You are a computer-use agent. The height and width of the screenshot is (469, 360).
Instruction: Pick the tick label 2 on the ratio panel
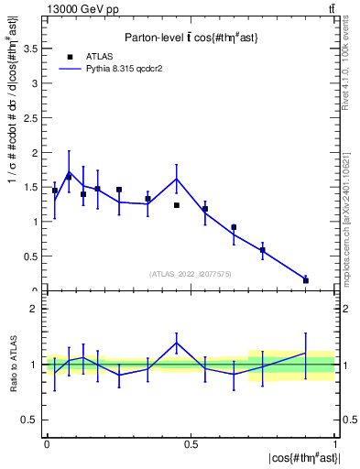coord(37,309)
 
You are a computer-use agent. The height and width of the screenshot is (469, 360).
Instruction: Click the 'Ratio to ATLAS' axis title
coord(15,365)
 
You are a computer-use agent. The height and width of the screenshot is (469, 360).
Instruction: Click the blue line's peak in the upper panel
coord(177,179)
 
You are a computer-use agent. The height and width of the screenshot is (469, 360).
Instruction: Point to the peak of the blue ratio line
coord(177,343)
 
